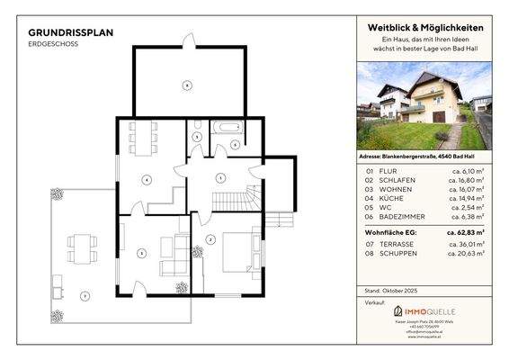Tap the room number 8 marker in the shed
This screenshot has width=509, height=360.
[186, 85]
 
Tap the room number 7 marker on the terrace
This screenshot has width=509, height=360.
[83, 295]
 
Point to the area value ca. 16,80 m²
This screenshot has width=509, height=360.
[467, 180]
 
